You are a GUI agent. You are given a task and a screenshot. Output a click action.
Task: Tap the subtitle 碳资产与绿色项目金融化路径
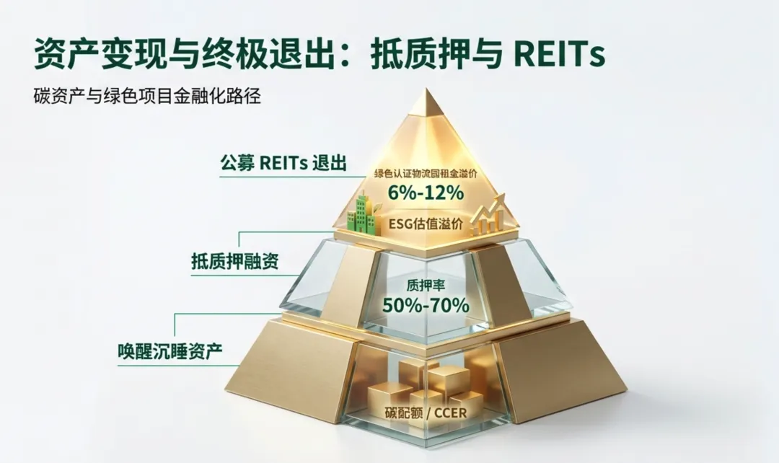146,96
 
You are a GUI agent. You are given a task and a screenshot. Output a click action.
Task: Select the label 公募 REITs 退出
283,163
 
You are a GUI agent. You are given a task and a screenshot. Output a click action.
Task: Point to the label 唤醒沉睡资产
170,352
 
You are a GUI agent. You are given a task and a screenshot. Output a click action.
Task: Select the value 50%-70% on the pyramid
426,305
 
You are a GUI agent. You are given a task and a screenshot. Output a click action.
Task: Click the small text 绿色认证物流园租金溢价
425,174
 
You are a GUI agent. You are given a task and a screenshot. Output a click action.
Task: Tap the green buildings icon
365,215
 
